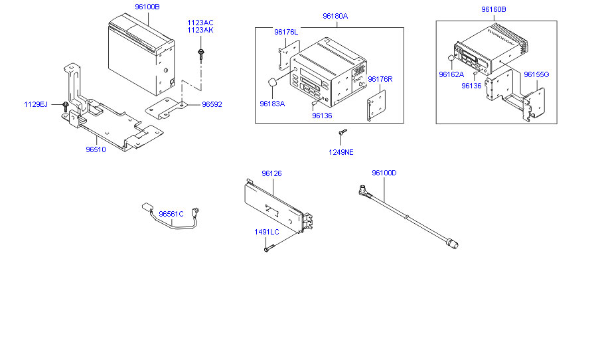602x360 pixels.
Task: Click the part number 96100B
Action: point(147,7)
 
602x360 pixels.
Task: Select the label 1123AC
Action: point(200,23)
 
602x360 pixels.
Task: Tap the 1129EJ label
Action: point(36,105)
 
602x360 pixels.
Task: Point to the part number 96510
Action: point(96,149)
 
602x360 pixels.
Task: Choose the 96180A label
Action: point(335,16)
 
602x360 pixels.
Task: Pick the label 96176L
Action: point(286,32)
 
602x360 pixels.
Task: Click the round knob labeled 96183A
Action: point(273,82)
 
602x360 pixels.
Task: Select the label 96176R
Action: point(380,79)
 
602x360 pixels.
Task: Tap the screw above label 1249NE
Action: point(341,135)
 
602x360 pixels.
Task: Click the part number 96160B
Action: point(493,10)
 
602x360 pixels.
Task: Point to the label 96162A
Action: point(451,74)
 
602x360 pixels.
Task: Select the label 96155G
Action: point(536,74)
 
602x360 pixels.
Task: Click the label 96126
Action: point(271,174)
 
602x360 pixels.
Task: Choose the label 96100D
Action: point(384,173)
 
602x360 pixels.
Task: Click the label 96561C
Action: point(171,214)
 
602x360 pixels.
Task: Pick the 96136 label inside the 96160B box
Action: point(471,86)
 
